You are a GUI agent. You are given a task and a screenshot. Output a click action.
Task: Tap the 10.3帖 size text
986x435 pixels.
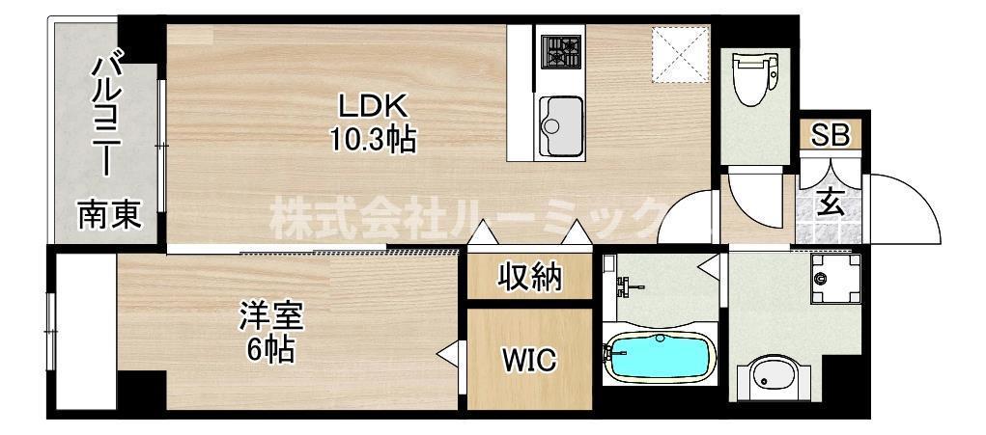[x=374, y=141]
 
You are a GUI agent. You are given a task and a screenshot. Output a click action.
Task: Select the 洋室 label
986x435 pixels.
[x=272, y=314]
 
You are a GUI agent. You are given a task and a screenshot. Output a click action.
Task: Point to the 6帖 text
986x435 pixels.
[x=270, y=349]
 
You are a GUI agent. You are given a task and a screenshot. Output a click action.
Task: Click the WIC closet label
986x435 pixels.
[x=528, y=361]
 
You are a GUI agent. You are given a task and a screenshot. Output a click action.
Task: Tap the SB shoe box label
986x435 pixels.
[x=830, y=136]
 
